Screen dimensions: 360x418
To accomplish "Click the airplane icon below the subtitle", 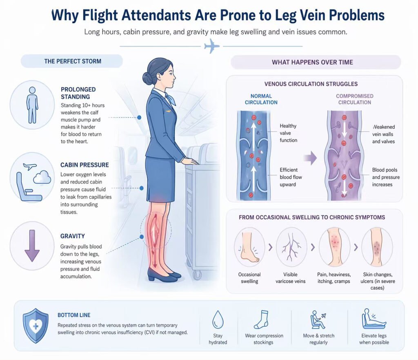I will (211, 47).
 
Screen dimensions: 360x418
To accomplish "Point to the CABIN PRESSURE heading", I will (84, 165).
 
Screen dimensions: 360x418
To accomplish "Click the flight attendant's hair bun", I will (147, 78).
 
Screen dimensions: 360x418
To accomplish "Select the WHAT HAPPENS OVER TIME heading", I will (312, 62).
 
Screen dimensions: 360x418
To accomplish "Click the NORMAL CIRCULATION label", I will (261, 99).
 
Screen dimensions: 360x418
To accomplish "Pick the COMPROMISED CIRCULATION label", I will (354, 99).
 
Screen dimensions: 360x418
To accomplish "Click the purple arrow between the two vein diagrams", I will (311, 158).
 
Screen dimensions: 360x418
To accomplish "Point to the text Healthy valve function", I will (288, 133).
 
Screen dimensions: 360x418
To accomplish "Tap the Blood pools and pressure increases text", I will (386, 177).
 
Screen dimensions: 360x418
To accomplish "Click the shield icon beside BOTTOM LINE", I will (36, 325).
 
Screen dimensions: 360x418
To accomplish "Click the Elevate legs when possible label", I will (374, 339).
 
